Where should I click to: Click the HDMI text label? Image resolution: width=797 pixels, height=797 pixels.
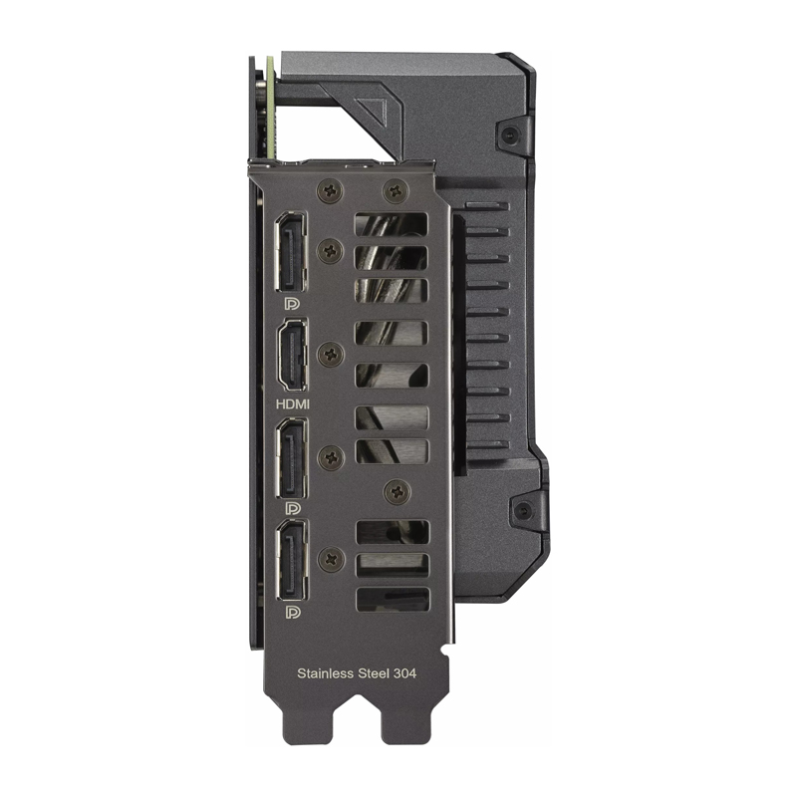[292, 403]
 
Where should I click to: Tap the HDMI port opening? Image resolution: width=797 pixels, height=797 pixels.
[292, 356]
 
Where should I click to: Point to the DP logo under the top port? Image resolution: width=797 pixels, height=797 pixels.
[292, 302]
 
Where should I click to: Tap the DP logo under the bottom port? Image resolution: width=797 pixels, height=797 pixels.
[292, 611]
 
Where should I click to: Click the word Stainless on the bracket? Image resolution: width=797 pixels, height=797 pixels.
[326, 673]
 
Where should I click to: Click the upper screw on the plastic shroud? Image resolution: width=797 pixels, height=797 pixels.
[513, 134]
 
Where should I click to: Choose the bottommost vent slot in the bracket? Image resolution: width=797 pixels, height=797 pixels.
[392, 600]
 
